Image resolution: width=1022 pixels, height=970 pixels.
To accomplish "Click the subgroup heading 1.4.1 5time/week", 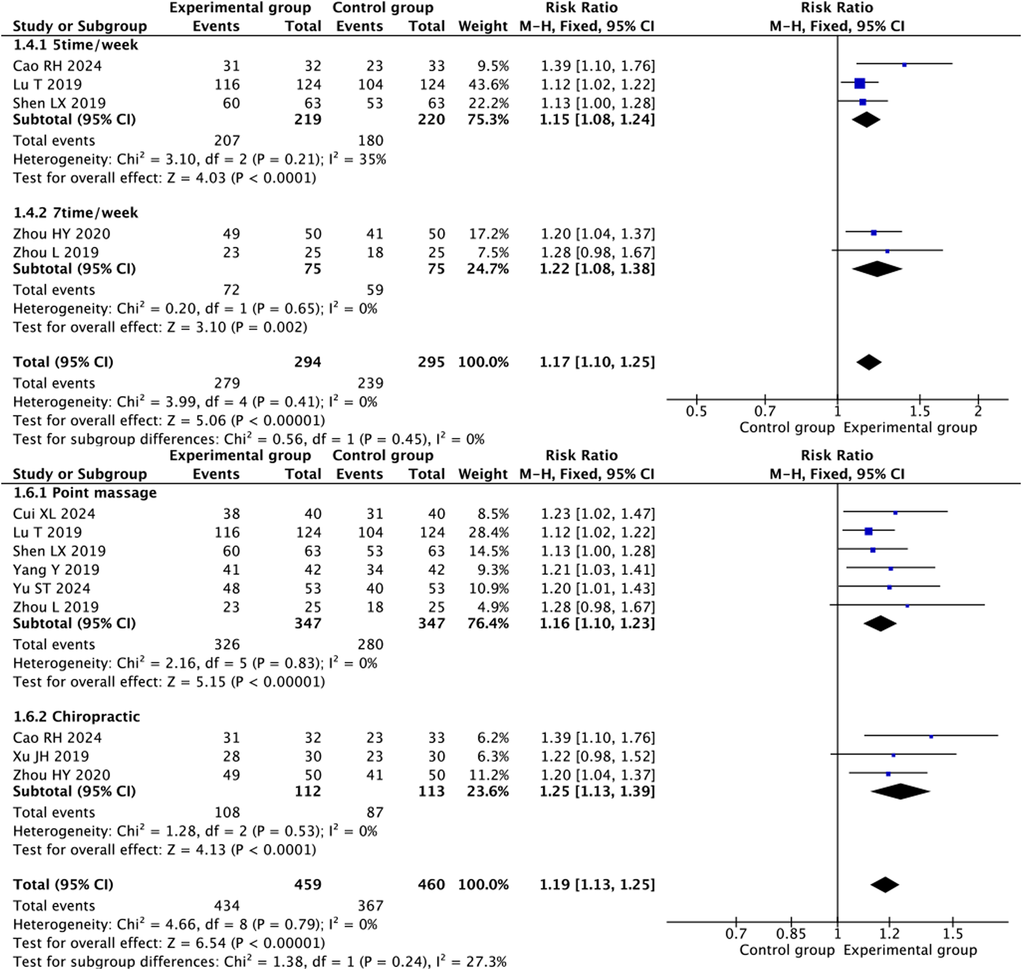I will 76,45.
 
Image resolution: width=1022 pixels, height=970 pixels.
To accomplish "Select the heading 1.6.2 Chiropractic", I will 76,717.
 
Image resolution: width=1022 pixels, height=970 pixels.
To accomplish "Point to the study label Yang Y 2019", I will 56,570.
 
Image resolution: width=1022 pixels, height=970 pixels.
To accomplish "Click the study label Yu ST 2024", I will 51,588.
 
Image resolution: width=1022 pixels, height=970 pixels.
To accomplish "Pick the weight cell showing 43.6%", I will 488,85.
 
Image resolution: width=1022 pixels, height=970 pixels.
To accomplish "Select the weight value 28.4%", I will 488,532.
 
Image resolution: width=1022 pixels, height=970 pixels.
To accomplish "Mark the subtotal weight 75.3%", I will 488,119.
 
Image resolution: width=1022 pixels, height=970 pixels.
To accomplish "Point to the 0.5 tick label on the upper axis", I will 696,412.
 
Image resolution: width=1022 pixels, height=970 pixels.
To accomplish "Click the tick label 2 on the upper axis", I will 978,412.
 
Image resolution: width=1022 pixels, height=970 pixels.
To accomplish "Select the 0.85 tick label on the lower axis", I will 791,934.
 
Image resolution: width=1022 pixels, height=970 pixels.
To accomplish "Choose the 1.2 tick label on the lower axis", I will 889,934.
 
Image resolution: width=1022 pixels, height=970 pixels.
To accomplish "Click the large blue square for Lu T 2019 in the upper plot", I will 859,84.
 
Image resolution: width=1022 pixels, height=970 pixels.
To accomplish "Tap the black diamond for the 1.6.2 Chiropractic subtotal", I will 900,791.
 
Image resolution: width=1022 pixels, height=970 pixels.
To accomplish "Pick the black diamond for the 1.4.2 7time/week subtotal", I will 877,269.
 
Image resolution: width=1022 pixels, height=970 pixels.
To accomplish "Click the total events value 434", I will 227,906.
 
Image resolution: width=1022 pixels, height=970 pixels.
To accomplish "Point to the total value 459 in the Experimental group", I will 307,885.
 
